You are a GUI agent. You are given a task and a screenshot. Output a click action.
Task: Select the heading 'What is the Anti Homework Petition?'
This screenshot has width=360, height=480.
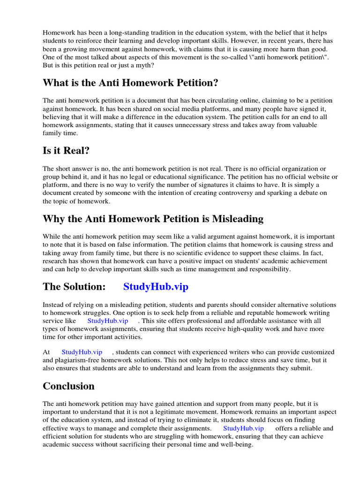coord(130,83)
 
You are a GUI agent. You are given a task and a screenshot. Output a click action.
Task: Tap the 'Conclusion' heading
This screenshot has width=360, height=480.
coord(68,386)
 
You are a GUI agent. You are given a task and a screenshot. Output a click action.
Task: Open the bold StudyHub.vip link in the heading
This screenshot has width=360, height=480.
coord(156,287)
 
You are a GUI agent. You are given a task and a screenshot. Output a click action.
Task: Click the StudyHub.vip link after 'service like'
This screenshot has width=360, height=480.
coord(108,321)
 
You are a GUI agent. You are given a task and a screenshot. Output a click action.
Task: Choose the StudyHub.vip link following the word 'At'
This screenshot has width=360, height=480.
coord(82,352)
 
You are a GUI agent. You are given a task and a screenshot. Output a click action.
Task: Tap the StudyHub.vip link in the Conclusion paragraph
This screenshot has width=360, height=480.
coord(243,428)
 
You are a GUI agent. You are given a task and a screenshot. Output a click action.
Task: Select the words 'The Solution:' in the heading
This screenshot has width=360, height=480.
coord(74,287)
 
